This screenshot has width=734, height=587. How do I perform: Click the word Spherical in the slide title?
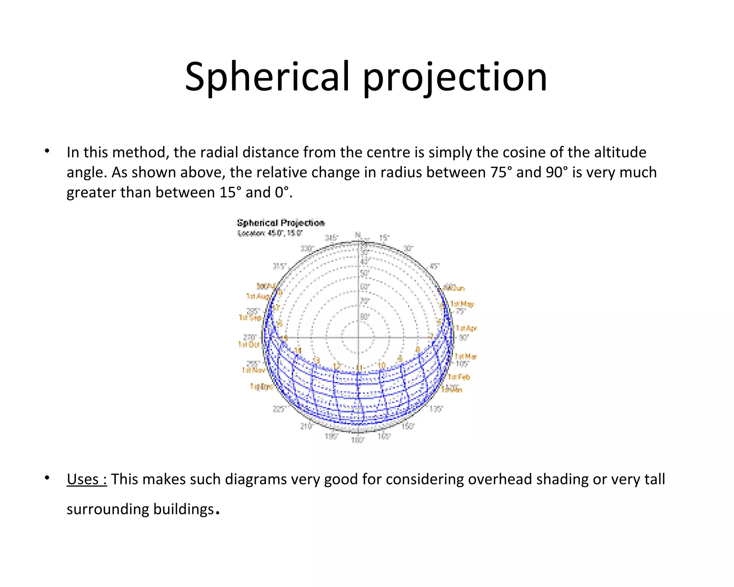[267, 77]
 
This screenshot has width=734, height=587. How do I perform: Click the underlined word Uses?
[86, 479]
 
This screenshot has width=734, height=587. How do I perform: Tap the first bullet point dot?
[47, 151]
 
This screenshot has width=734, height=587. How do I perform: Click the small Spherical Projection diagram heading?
[281, 223]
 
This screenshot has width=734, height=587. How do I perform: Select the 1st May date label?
[462, 304]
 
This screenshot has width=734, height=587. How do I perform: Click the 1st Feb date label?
[459, 377]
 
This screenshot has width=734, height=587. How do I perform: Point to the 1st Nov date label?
[253, 370]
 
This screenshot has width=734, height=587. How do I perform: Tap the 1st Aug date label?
[258, 296]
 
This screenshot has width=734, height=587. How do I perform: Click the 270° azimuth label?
[249, 337]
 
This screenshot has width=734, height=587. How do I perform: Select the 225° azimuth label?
[280, 409]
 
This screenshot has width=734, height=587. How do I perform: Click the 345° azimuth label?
[331, 238]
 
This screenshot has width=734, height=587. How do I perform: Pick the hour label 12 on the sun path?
[337, 366]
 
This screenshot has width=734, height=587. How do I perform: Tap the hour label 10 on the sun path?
[382, 365]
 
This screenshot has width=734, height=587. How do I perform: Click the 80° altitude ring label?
[364, 317]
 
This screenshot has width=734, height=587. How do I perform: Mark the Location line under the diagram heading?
[270, 233]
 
